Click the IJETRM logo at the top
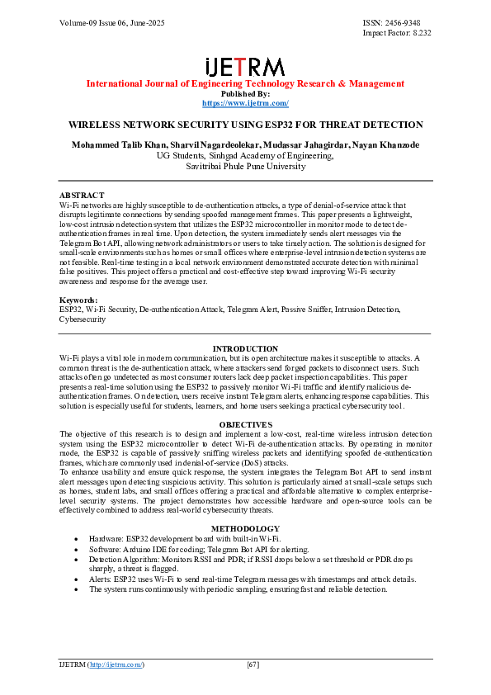(x=245, y=67)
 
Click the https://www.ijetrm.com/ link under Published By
(x=245, y=103)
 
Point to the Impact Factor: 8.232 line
(x=397, y=33)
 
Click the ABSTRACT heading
(x=82, y=195)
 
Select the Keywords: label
(x=78, y=300)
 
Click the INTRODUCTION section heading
(x=245, y=349)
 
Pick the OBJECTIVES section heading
(x=245, y=424)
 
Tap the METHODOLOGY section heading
(x=245, y=528)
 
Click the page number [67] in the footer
(x=253, y=664)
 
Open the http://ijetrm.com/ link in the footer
(x=116, y=664)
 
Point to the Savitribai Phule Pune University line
(x=245, y=166)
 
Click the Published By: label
(x=245, y=93)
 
